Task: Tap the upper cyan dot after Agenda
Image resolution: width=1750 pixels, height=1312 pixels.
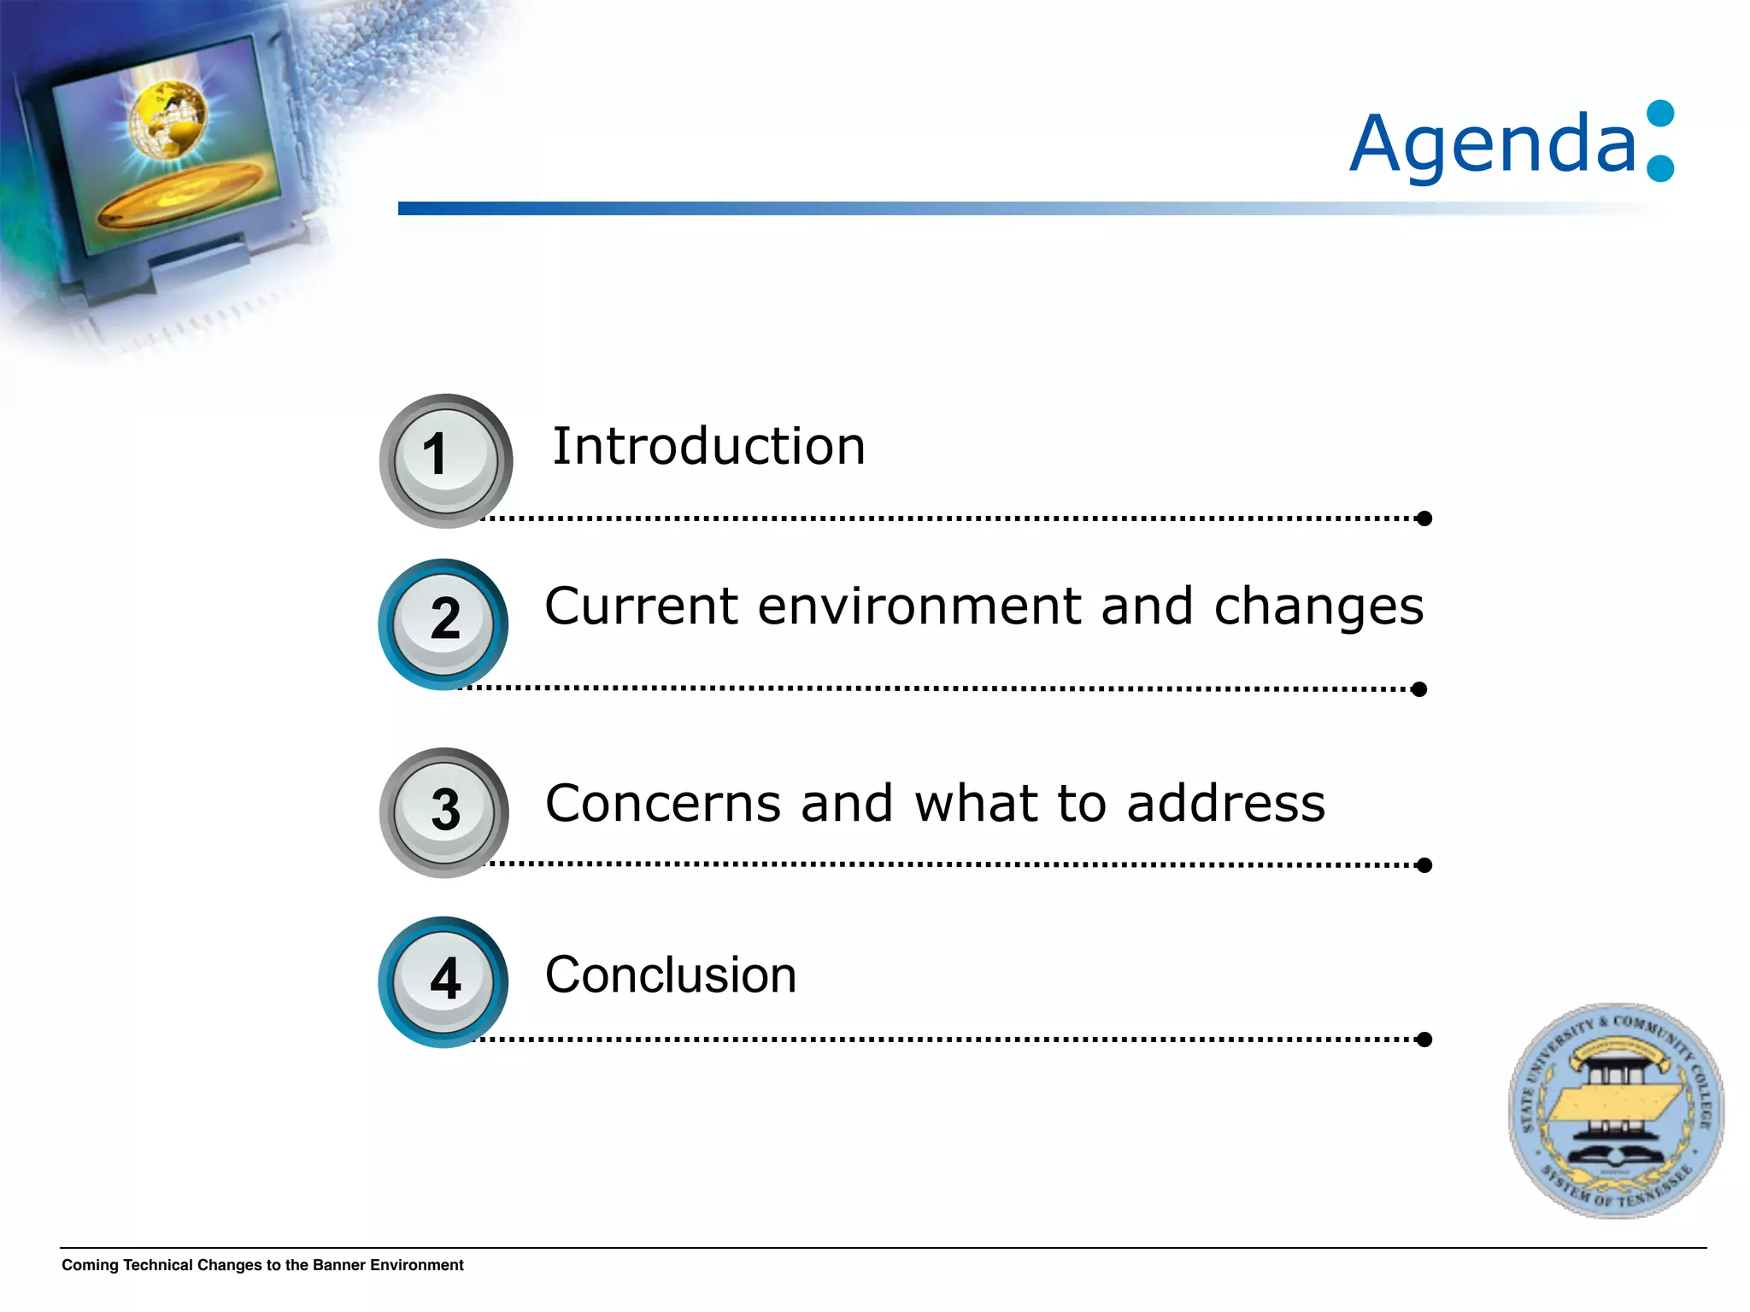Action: (x=1659, y=114)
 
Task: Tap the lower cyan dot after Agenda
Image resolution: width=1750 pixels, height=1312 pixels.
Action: (x=1659, y=168)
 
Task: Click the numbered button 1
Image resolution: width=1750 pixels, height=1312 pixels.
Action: (x=445, y=460)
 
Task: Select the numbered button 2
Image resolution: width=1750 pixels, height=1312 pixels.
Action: (x=443, y=624)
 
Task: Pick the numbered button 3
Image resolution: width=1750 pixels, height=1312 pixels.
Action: (x=443, y=811)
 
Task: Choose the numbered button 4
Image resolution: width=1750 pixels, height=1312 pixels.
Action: (x=443, y=981)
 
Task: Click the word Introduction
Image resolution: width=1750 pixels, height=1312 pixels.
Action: (x=708, y=447)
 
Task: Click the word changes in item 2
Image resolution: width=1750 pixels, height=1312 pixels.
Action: (x=1318, y=608)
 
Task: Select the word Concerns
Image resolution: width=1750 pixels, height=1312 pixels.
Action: (x=663, y=804)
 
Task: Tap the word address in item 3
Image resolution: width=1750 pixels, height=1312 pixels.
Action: (x=1225, y=804)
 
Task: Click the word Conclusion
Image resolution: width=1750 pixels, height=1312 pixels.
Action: (x=671, y=975)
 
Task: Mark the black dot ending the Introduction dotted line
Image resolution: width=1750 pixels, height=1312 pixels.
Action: (x=1424, y=518)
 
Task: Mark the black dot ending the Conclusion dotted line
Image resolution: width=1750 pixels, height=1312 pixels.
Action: (x=1424, y=1040)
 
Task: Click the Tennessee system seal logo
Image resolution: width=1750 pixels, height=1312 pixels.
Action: (x=1615, y=1110)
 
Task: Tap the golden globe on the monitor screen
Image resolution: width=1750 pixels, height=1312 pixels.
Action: (x=168, y=120)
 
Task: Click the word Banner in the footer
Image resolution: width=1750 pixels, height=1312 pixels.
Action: (x=339, y=1265)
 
